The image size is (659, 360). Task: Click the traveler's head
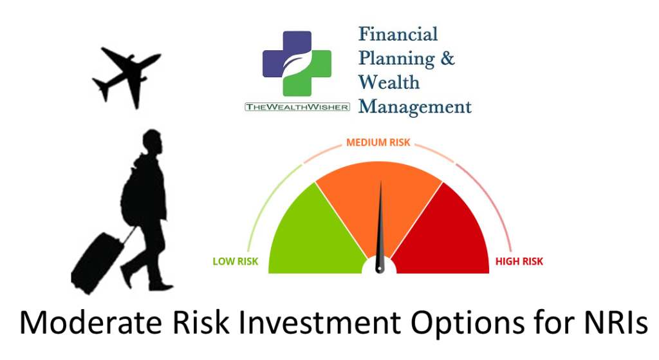coord(152,142)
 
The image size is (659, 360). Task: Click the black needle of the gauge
coord(380,227)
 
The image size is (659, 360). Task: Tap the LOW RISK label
coord(236,261)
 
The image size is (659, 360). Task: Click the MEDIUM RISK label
coord(378,142)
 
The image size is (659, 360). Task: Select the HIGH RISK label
coord(519,261)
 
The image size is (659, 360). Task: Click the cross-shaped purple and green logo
coord(297,64)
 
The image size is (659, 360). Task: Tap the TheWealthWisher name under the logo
coord(297,107)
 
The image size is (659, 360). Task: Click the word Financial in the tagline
coord(398,34)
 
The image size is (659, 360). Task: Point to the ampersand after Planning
coord(447,57)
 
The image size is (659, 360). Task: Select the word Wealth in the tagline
coord(389,82)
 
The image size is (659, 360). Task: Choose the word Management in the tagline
coord(415,106)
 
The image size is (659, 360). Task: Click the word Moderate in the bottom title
coord(90,323)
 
